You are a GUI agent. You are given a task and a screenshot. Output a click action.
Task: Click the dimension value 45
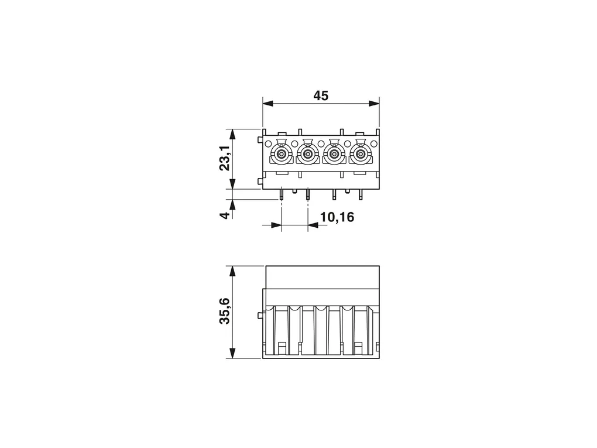click(x=321, y=95)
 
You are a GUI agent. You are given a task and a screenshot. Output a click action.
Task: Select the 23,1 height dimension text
click(x=225, y=158)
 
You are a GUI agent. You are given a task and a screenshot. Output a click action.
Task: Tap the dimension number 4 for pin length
click(x=225, y=216)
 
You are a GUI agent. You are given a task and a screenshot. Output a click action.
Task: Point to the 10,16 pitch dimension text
click(x=337, y=217)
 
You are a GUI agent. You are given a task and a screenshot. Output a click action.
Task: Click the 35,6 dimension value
click(x=225, y=311)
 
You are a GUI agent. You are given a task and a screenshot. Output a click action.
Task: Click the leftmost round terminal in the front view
click(x=281, y=154)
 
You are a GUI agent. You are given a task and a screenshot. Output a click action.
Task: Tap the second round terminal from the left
click(x=308, y=154)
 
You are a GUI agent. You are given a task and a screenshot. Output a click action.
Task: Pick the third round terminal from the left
click(x=334, y=154)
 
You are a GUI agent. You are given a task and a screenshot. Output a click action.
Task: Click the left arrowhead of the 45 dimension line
click(x=268, y=103)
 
